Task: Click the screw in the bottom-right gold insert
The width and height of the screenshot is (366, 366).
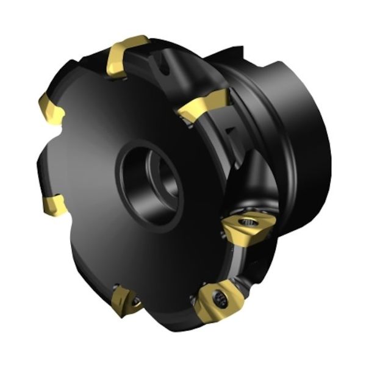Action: (220, 298)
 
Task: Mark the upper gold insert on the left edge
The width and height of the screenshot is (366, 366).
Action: (49, 108)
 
